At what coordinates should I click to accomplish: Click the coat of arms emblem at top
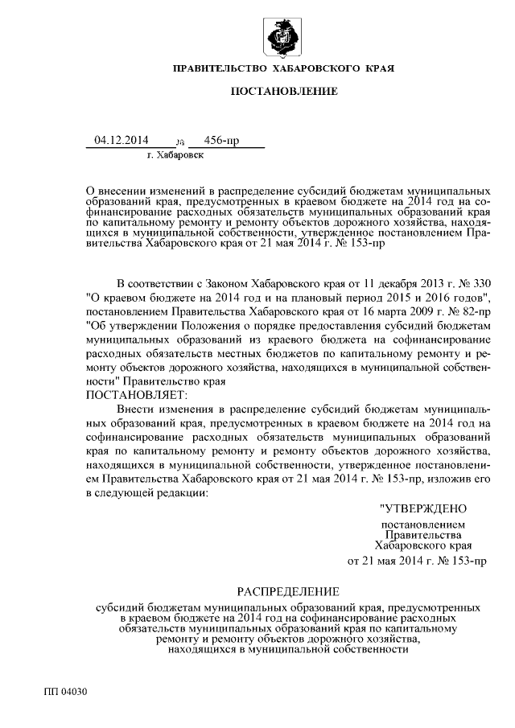click(282, 37)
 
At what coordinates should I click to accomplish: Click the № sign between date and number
click(179, 142)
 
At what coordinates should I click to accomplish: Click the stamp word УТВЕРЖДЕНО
click(422, 508)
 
